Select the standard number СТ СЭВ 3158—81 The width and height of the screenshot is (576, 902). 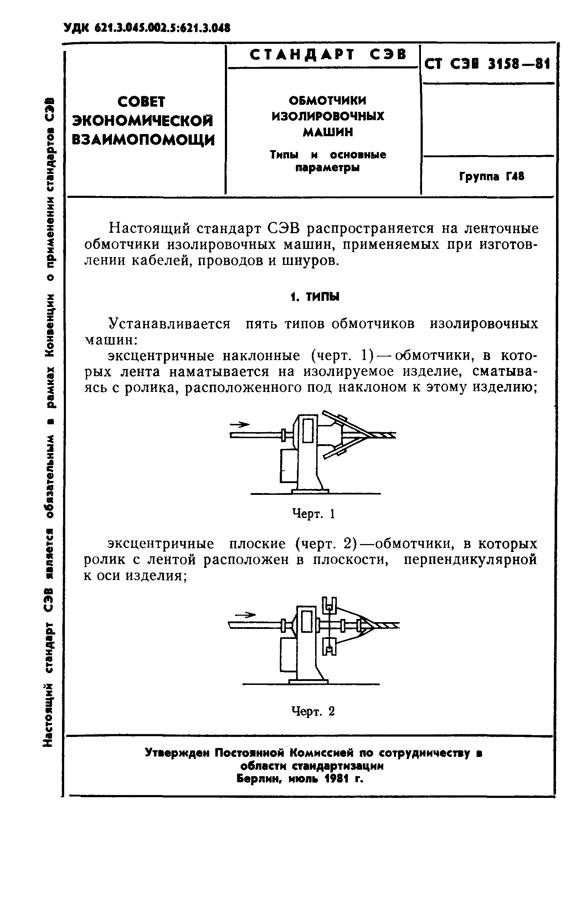(487, 65)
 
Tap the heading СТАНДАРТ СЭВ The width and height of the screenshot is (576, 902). (328, 55)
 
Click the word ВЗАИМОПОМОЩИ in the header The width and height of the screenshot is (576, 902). (143, 140)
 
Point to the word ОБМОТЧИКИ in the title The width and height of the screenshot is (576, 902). (328, 101)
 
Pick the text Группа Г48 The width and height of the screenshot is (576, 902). (492, 176)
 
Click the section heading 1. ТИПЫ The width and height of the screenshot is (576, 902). (315, 297)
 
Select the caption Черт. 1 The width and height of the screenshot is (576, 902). (313, 513)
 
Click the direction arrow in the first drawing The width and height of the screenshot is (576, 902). (240, 424)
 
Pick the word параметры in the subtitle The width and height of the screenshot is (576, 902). (327, 168)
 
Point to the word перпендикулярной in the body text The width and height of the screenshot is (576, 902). (470, 560)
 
